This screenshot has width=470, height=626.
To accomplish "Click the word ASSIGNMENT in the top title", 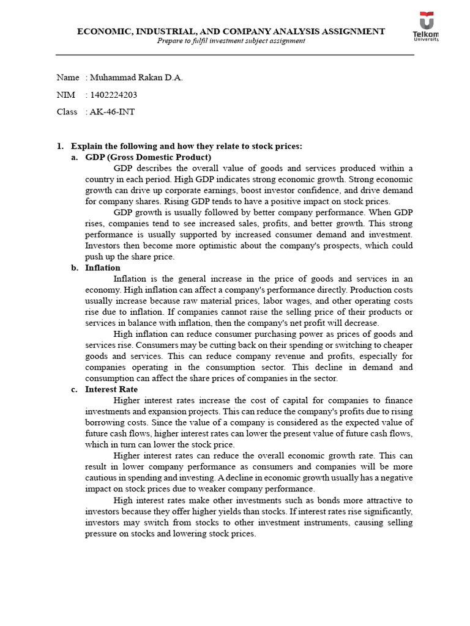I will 349,31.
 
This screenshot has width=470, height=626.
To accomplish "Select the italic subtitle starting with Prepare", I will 231,41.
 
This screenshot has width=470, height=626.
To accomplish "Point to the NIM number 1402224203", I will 113,95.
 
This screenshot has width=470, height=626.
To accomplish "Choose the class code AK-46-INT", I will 113,112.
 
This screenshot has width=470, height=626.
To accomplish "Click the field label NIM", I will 65,95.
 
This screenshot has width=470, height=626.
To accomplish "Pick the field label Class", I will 67,112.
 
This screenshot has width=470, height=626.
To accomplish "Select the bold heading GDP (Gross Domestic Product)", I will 148,157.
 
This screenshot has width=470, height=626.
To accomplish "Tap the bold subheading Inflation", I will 103,268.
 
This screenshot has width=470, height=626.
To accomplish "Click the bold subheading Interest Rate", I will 111,389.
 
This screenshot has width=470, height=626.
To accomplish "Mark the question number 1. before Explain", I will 60,146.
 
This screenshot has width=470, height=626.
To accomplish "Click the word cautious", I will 102,478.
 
